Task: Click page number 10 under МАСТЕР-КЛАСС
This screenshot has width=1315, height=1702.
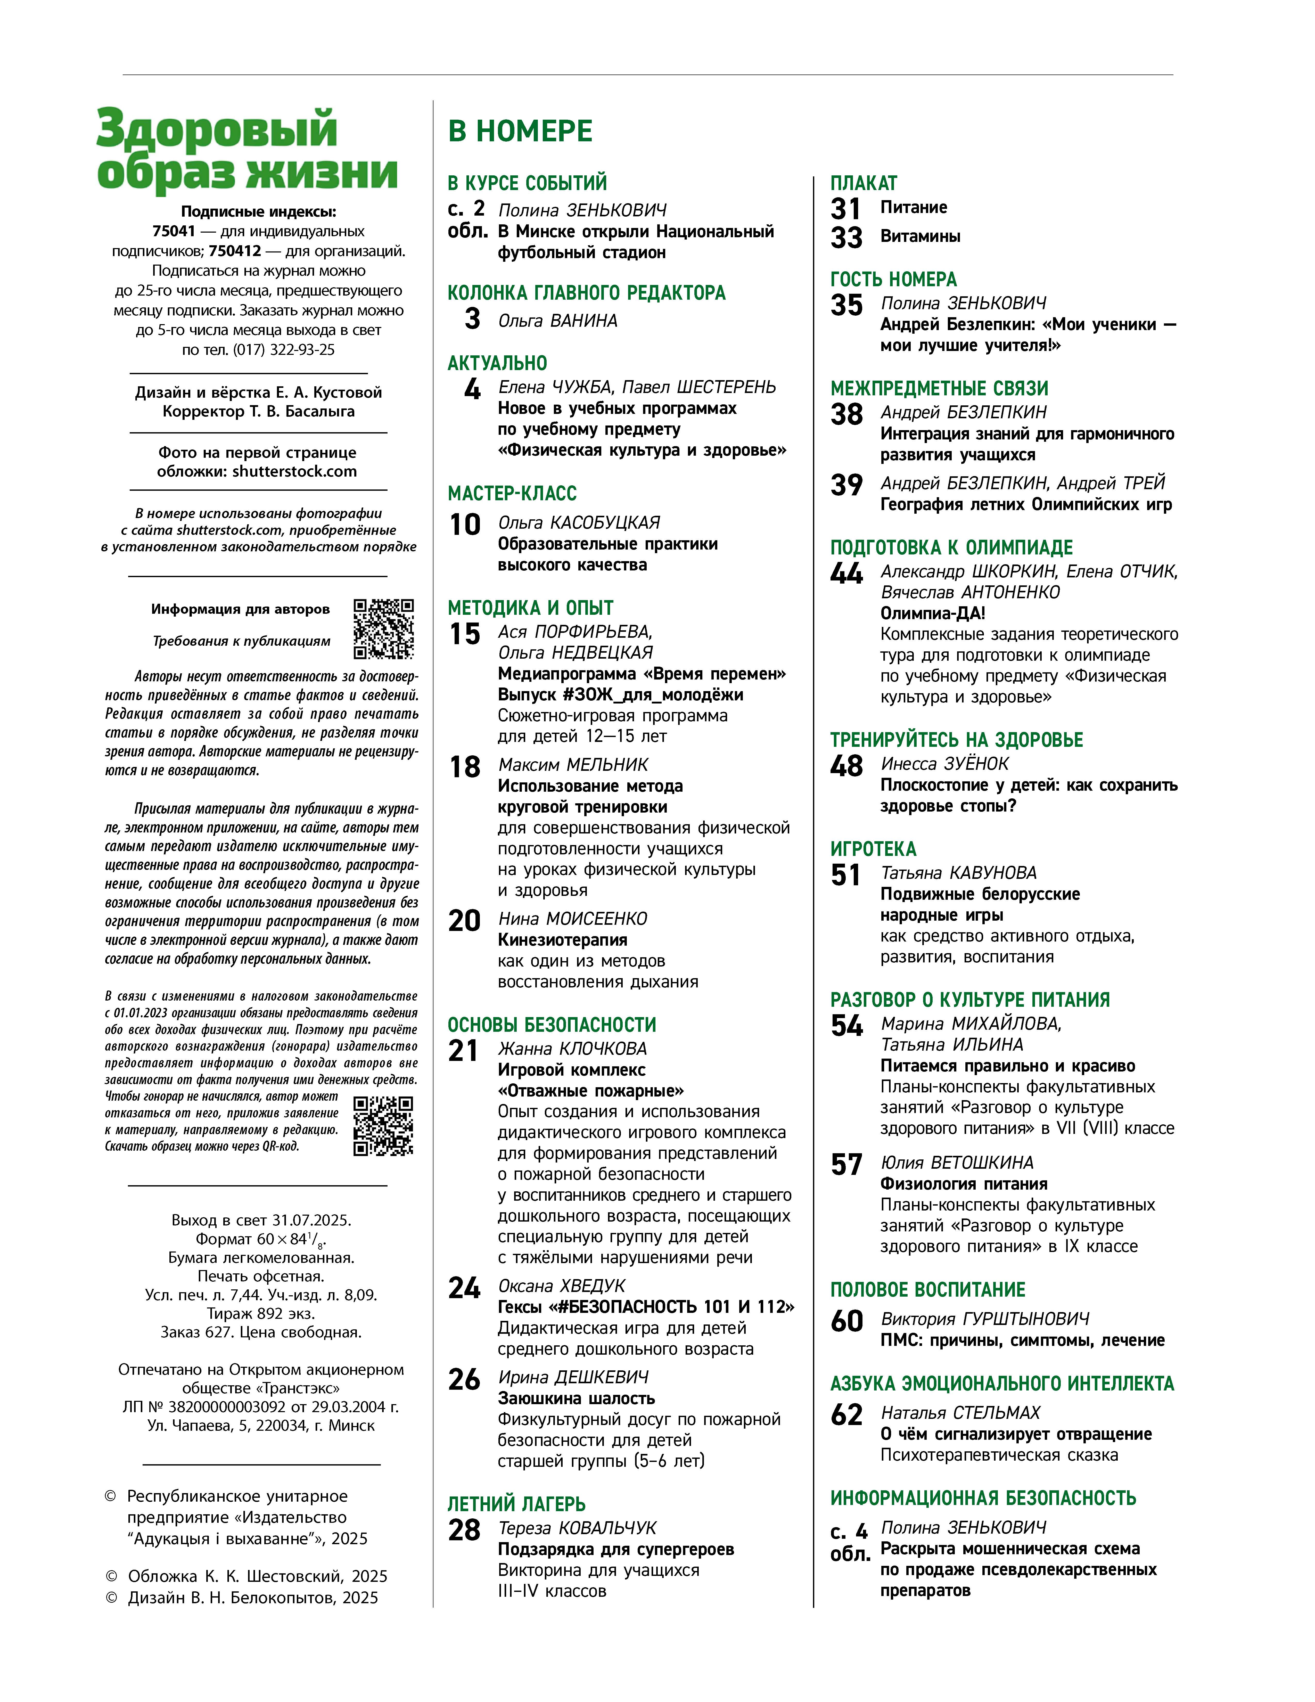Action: tap(465, 525)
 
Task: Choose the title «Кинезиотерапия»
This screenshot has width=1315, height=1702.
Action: tap(562, 940)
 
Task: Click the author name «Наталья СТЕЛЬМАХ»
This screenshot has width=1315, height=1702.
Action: tap(960, 1412)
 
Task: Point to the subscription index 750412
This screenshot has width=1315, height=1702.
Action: tap(234, 251)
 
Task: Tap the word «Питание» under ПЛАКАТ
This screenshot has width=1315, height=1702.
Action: tap(913, 207)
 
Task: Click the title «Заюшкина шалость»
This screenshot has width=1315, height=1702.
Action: tap(576, 1398)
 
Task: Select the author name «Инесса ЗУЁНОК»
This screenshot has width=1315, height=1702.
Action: tap(944, 764)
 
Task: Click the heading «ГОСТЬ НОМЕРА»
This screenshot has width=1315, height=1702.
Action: tap(893, 279)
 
